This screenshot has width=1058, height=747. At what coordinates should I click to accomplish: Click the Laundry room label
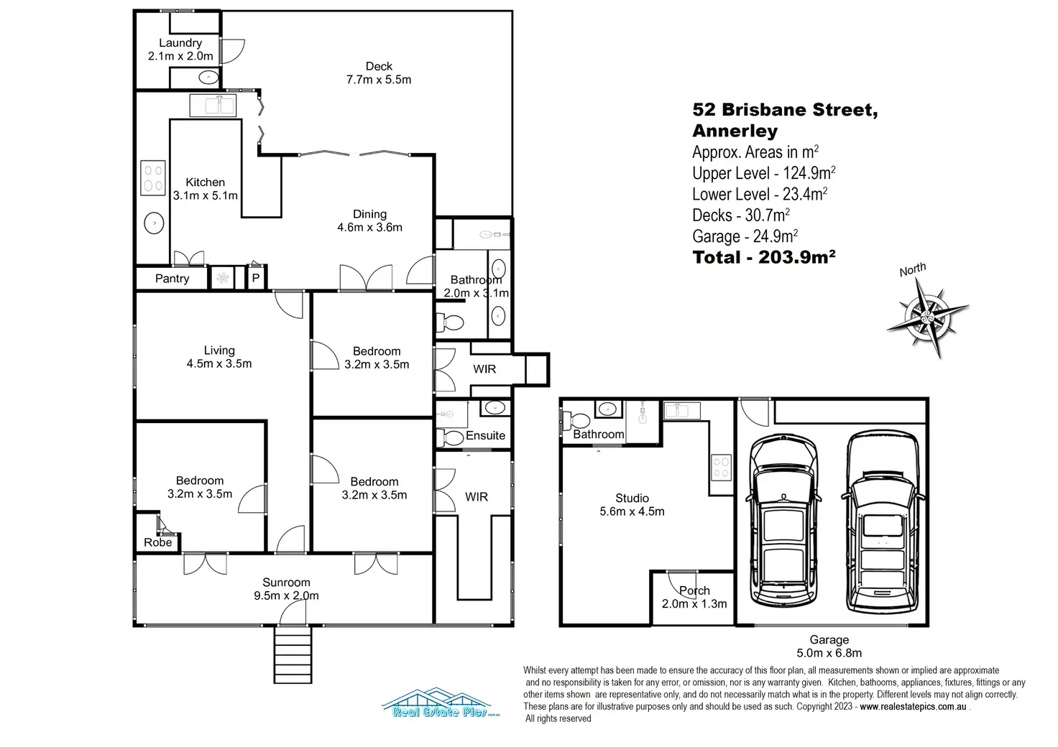click(x=180, y=43)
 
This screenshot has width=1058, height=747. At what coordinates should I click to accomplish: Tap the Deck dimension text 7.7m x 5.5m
click(x=379, y=80)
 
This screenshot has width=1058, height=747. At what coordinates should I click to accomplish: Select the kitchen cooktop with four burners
click(x=153, y=178)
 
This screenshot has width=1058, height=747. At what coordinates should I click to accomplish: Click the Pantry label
click(x=172, y=279)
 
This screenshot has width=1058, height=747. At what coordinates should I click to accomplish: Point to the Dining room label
click(x=370, y=214)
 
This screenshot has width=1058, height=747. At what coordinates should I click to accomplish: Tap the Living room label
click(x=219, y=350)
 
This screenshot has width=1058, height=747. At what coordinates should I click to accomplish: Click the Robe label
click(x=157, y=543)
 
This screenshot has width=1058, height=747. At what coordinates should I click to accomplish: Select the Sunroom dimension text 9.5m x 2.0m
click(x=286, y=595)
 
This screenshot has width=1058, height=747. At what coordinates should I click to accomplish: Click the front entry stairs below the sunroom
click(x=293, y=654)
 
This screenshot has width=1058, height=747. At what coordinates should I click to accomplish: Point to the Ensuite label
click(x=486, y=435)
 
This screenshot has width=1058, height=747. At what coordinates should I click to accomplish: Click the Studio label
click(x=632, y=498)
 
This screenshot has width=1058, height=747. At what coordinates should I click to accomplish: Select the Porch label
click(x=694, y=591)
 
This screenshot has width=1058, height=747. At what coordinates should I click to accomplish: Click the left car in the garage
click(x=784, y=521)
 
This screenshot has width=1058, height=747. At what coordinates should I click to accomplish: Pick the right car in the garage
click(x=883, y=522)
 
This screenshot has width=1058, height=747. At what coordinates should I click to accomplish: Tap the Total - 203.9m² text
click(x=764, y=257)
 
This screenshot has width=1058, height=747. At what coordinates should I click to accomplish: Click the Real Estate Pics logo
click(x=441, y=702)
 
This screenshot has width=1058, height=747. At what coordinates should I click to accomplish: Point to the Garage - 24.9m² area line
click(x=745, y=236)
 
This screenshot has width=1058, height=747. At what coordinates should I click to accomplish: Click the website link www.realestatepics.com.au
click(x=913, y=707)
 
